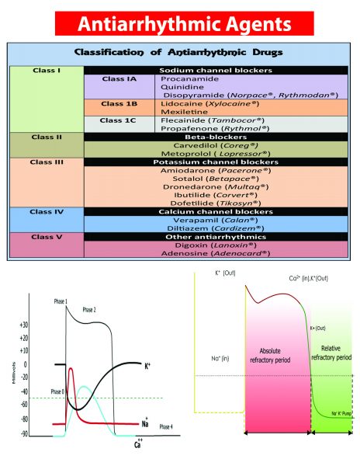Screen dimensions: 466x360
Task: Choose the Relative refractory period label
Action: [334, 356]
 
